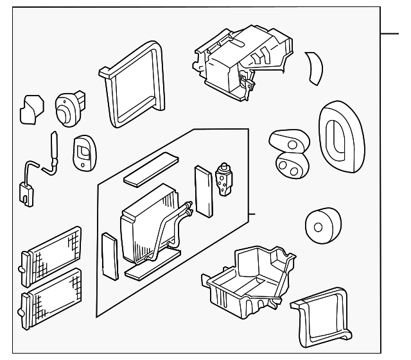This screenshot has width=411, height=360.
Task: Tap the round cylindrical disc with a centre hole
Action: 319,225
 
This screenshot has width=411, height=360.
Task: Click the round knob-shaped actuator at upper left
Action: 67,109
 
